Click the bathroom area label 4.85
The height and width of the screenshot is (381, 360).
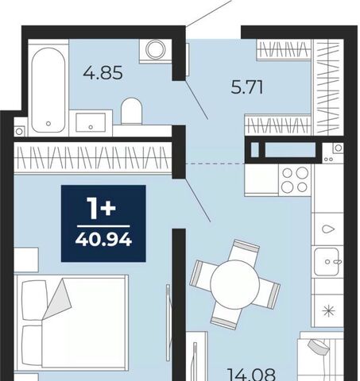(x=103, y=73)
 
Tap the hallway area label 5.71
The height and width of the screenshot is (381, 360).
(x=247, y=87)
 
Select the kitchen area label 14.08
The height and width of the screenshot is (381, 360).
(x=251, y=374)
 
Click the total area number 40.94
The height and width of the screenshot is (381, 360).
(x=103, y=241)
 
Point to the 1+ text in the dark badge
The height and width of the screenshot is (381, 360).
(x=101, y=208)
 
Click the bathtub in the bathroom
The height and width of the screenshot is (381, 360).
(x=48, y=90)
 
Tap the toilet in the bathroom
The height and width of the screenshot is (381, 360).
(x=132, y=111)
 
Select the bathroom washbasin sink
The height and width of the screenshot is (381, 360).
(x=91, y=122)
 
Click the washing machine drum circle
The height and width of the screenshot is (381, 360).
(x=156, y=49)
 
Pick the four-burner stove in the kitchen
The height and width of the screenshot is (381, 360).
(x=295, y=180)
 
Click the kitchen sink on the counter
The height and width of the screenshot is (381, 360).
(x=327, y=262)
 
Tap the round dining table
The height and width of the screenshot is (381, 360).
(x=234, y=284)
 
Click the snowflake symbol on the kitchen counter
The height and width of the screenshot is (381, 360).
(x=329, y=310)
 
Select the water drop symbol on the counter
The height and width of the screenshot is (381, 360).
(x=328, y=229)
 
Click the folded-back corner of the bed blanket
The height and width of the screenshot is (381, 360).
(x=58, y=298)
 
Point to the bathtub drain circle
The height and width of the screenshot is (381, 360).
(x=48, y=123)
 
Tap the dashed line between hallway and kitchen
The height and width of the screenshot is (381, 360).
(x=215, y=164)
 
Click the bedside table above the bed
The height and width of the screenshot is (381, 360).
(x=26, y=260)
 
